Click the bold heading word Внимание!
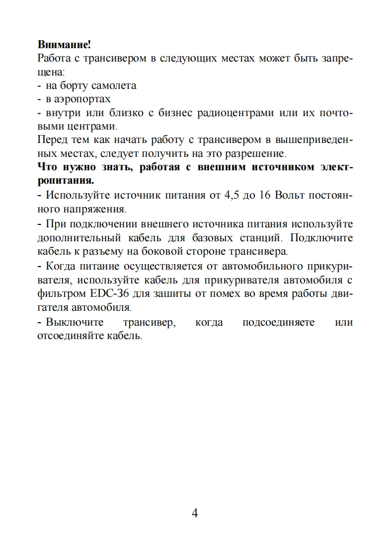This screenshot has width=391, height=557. click(x=64, y=45)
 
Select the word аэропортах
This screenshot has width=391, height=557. click(x=82, y=99)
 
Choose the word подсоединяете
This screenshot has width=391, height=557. click(x=278, y=322)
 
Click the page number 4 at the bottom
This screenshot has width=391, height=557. click(x=195, y=513)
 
